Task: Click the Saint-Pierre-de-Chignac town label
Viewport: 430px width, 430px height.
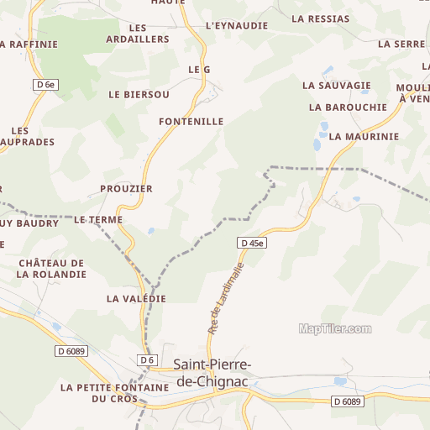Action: [x=217, y=373]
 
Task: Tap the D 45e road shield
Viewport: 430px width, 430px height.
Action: [x=252, y=243]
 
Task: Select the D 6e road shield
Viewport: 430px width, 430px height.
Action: [x=46, y=84]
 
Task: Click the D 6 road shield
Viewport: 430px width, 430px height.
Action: [x=148, y=360]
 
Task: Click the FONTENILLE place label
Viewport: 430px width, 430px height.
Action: [x=191, y=122]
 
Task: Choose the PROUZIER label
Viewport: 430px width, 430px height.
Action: [x=126, y=189]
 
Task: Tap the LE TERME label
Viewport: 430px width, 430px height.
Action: [x=98, y=220]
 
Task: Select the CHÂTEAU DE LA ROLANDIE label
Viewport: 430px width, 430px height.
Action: [x=51, y=269]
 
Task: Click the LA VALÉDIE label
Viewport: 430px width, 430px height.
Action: [x=136, y=299]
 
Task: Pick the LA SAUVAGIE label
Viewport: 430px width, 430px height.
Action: [x=337, y=86]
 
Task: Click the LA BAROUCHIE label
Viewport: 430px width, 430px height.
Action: [x=348, y=107]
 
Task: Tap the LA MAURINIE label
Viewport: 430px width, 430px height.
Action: [x=364, y=136]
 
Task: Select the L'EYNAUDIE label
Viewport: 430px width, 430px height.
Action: [x=237, y=26]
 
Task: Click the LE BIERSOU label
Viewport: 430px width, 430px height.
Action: [x=139, y=95]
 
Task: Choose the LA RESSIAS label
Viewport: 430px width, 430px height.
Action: [x=320, y=18]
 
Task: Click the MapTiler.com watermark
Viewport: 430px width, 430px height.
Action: [x=335, y=329]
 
